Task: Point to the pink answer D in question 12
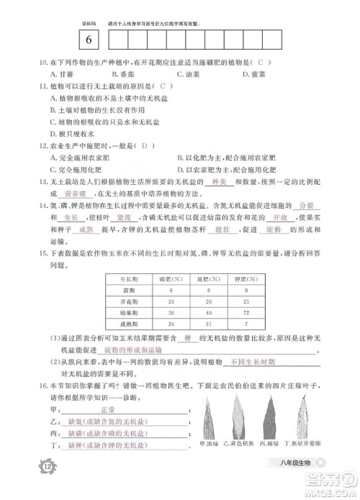point(145,146)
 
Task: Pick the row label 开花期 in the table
point(129,302)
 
